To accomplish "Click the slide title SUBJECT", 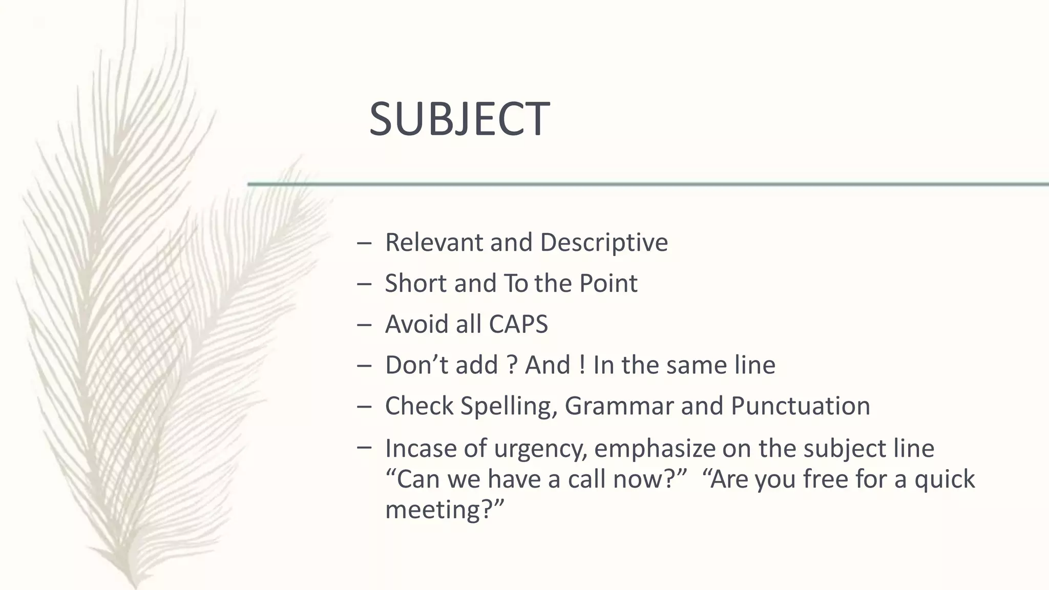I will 459,119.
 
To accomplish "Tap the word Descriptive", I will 604,243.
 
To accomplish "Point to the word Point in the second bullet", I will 608,283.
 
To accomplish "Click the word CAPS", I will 518,324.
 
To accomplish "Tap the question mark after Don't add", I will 511,365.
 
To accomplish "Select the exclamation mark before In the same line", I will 582,365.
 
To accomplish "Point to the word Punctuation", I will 800,406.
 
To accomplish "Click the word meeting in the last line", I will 439,510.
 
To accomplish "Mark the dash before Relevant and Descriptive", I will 364,243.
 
